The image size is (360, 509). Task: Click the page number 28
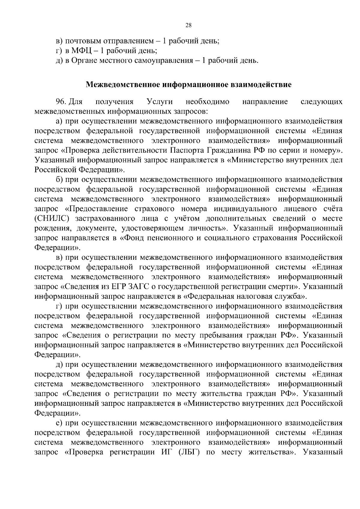coord(189,25)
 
